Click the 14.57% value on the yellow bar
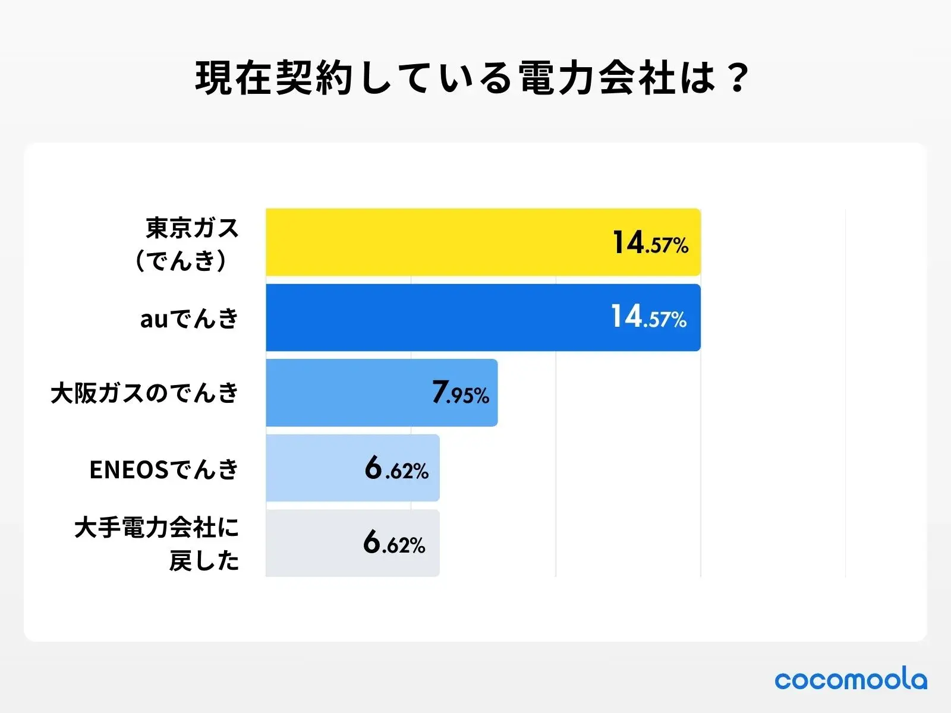click(x=650, y=243)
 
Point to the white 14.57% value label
click(x=648, y=317)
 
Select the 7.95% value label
click(x=461, y=393)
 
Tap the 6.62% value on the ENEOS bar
click(x=396, y=468)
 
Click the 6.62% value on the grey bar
click(x=395, y=543)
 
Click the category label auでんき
click(x=189, y=319)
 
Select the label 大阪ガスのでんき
click(x=144, y=393)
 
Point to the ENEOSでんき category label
click(x=163, y=469)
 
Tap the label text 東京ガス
click(x=192, y=228)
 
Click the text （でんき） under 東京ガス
click(x=181, y=260)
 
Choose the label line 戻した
click(x=204, y=560)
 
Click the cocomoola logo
click(x=851, y=680)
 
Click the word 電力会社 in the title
click(x=597, y=78)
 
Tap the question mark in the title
click(x=738, y=78)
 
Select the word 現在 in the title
click(x=235, y=78)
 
